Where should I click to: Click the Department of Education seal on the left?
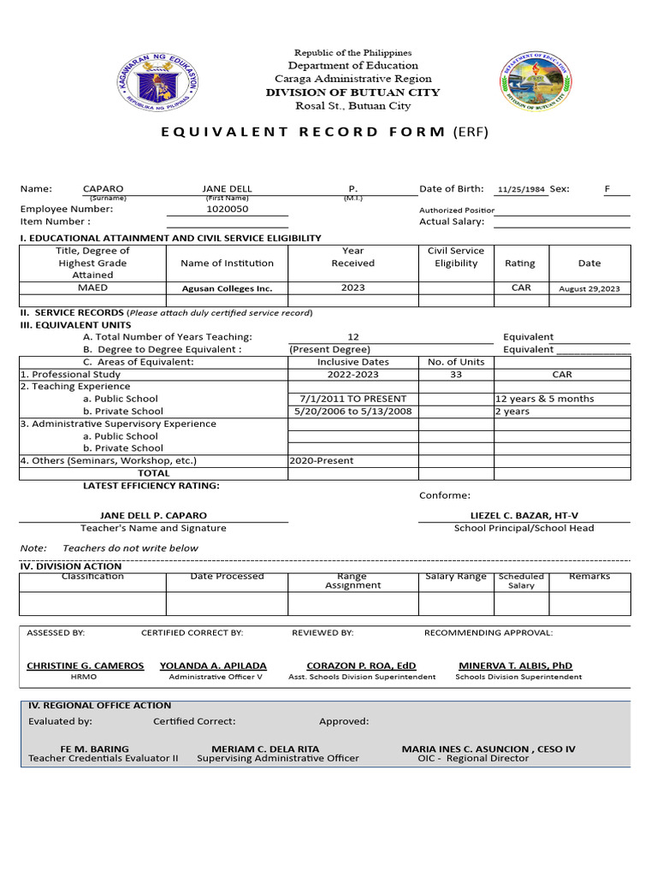[x=157, y=82]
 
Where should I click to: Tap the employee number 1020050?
[x=227, y=209]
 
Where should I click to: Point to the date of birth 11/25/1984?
[x=521, y=189]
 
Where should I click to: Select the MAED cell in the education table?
[x=92, y=288]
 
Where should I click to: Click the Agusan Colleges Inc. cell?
[x=227, y=289]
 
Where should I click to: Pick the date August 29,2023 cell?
[x=589, y=289]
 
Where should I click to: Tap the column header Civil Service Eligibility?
[x=456, y=257]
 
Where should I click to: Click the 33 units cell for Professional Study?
[x=455, y=375]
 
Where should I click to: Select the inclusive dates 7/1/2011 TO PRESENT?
[x=353, y=399]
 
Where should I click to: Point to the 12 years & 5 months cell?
[x=545, y=399]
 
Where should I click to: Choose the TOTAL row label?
[x=154, y=473]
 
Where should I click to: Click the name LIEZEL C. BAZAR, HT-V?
[x=524, y=516]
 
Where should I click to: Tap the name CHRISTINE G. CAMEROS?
[x=85, y=666]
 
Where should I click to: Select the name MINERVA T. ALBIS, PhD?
[x=515, y=666]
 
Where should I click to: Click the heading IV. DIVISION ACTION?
[x=70, y=566]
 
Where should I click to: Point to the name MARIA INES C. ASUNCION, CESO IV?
[x=488, y=749]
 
